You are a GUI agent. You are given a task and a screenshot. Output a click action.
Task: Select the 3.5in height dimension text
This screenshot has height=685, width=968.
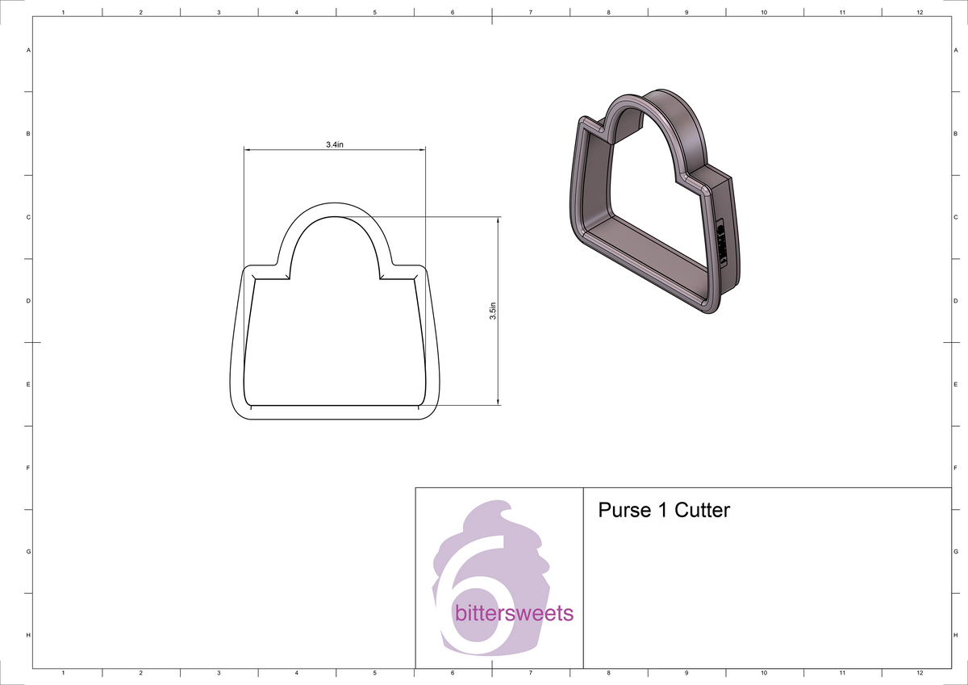click(x=493, y=311)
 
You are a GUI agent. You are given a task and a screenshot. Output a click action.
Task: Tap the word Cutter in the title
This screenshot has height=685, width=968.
click(x=702, y=511)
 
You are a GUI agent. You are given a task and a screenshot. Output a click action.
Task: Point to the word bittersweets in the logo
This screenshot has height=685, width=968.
click(x=514, y=614)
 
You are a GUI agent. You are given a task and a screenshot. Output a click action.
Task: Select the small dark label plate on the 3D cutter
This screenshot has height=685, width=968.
click(x=720, y=242)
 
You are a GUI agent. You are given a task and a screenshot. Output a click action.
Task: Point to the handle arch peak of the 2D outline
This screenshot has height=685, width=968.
click(x=336, y=204)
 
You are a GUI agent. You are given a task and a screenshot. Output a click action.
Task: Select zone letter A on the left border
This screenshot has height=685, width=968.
click(x=29, y=50)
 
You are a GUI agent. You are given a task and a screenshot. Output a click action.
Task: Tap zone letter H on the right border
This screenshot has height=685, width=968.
click(x=954, y=636)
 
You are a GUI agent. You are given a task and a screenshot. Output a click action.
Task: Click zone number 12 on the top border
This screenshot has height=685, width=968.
click(x=920, y=13)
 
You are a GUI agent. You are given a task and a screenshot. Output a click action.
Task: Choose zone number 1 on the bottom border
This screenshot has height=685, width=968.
click(x=63, y=672)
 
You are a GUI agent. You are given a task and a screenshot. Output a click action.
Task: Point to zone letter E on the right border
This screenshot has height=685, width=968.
click(x=954, y=384)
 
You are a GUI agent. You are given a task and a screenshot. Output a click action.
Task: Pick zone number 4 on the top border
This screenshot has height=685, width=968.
click(x=297, y=13)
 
